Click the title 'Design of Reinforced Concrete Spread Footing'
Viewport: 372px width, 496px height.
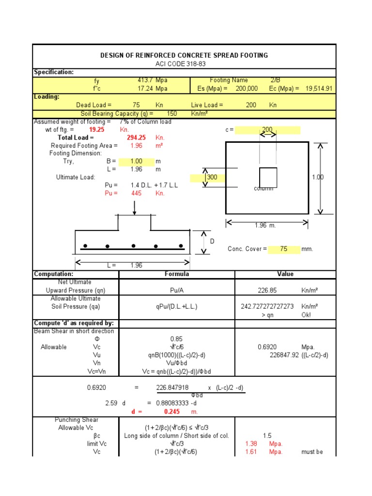[184, 55]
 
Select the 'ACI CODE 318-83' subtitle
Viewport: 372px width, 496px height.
[184, 63]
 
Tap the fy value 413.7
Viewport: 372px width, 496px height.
[145, 80]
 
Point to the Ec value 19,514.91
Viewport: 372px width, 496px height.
[319, 89]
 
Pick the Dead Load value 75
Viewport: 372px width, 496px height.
[136, 105]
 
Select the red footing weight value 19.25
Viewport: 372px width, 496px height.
[96, 130]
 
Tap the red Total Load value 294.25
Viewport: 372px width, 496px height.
[136, 138]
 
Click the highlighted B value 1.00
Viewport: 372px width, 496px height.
[136, 161]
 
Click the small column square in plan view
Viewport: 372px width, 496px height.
[268, 177]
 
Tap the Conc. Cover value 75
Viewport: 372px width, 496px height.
[283, 249]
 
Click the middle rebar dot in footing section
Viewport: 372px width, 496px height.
[134, 246]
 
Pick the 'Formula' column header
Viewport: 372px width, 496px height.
[177, 274]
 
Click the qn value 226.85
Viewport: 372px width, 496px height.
[268, 290]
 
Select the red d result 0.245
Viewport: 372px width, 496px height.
[171, 411]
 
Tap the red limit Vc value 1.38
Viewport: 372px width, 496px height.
[251, 444]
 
